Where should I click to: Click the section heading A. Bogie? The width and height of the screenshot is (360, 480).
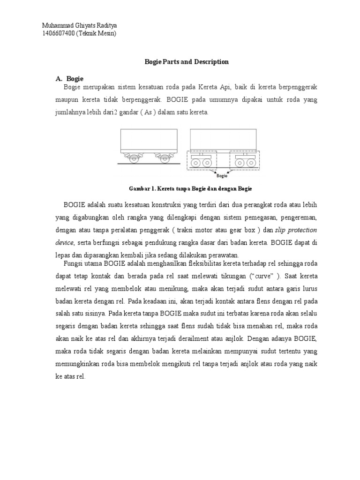click(69, 78)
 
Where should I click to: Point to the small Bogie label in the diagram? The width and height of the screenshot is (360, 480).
click(222, 176)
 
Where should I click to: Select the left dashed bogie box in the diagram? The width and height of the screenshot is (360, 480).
click(202, 160)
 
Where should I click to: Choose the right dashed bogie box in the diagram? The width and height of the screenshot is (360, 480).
click(244, 160)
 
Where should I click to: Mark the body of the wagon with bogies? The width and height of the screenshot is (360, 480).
click(223, 139)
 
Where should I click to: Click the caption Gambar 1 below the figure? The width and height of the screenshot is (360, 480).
click(190, 188)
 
